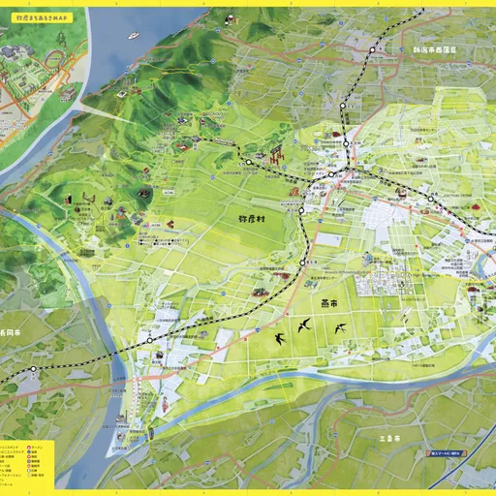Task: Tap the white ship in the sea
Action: (133, 36)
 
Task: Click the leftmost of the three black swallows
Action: (280, 338)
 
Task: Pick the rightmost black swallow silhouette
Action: (340, 329)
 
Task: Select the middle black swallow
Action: (307, 323)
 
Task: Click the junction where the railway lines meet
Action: (331, 175)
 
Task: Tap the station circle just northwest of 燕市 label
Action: (302, 262)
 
